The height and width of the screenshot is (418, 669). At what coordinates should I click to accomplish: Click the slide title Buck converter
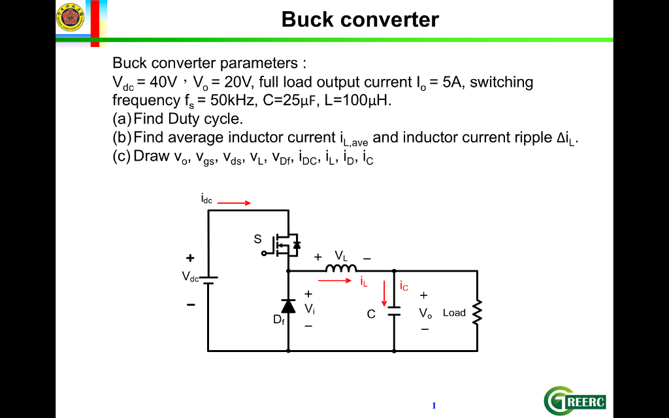[360, 20]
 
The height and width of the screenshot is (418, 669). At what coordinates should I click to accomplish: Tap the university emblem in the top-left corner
[70, 17]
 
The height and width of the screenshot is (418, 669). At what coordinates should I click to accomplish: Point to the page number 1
[434, 406]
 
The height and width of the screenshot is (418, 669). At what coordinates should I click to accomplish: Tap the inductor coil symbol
[341, 269]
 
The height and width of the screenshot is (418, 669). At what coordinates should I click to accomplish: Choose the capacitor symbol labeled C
[393, 311]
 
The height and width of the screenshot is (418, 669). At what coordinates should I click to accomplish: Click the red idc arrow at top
[234, 203]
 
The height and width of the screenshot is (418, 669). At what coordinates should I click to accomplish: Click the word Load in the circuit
[454, 312]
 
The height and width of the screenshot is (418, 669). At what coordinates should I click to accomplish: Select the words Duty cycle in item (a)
[206, 119]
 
